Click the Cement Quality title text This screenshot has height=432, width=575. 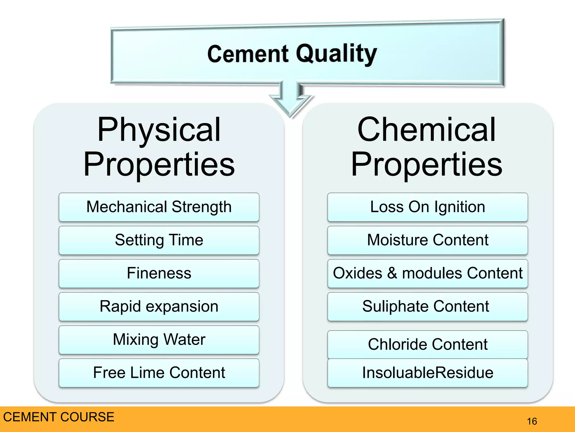coord(292,54)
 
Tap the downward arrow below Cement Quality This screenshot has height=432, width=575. coord(291,101)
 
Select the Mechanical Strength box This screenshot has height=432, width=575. coord(159,207)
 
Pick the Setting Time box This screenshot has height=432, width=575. coord(159,240)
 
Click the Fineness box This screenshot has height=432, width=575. coord(159,273)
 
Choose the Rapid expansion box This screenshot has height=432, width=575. coord(159,307)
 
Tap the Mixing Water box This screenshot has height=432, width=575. coord(159,340)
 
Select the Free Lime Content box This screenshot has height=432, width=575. coord(159,373)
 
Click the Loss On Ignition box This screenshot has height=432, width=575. coord(427,207)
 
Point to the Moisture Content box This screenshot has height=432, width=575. coord(427,240)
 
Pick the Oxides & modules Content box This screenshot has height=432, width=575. coord(427,273)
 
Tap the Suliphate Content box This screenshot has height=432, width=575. coord(427,307)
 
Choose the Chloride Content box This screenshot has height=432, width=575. coord(427,345)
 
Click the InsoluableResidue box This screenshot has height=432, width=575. coord(427,373)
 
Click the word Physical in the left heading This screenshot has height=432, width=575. coord(159,130)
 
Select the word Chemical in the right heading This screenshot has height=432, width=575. coord(427,130)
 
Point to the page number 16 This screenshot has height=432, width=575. coord(532,421)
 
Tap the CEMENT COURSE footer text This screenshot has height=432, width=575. coord(59,417)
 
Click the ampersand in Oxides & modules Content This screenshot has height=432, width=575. coord(392,273)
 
